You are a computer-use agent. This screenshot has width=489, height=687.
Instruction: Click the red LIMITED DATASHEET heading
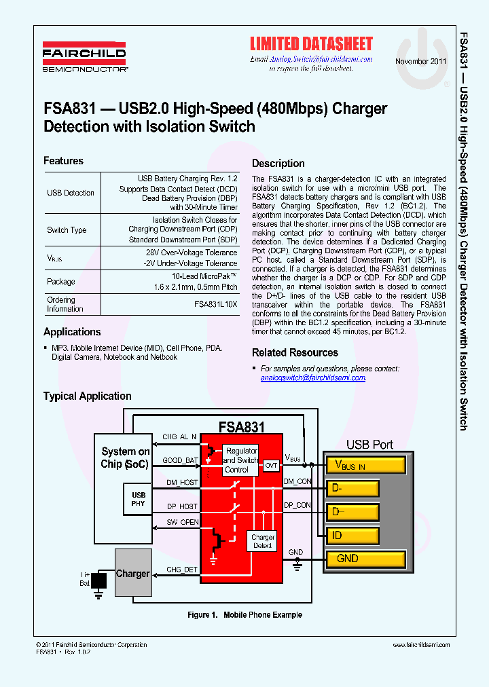tap(311, 44)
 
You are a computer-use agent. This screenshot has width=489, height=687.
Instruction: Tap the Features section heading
tap(63, 161)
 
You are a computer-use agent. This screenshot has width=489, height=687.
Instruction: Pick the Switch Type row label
tap(67, 230)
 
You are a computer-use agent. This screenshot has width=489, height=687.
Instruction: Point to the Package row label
tap(60, 282)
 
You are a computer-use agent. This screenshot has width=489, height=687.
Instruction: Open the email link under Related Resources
tap(313, 377)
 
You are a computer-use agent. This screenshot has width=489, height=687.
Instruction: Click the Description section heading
tap(278, 164)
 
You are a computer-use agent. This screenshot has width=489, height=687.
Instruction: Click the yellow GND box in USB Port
tap(366, 559)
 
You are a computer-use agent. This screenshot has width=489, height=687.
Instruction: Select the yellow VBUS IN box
tap(366, 465)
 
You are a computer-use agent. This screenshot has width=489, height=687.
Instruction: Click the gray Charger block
tap(132, 574)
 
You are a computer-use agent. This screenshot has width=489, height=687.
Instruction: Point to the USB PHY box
tap(139, 500)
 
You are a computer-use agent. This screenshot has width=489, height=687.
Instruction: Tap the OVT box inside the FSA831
tap(272, 465)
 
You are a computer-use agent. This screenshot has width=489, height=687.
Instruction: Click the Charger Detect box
tap(262, 541)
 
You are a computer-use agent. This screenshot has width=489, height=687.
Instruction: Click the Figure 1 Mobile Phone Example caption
tap(244, 615)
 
